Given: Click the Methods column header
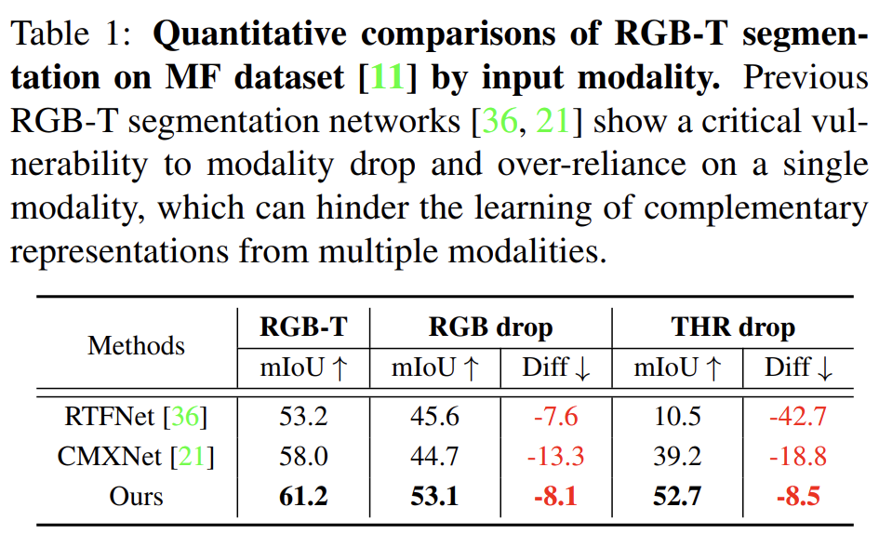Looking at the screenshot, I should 137,346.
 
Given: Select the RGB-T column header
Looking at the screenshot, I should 303,327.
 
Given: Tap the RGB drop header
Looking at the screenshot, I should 490,327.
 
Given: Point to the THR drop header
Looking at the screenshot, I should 733,327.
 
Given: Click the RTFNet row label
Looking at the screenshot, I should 136,417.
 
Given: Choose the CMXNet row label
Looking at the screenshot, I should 136,457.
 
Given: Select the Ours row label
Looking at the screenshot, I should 136,496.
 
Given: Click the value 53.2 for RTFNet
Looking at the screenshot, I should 303,417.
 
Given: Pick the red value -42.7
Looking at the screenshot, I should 798,417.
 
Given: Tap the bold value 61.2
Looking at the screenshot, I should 303,496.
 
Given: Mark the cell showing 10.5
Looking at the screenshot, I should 677,417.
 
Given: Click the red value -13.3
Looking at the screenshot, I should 554,457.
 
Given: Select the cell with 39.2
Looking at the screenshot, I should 677,457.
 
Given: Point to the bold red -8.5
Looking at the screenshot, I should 798,496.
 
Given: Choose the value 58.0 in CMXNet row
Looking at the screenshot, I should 303,457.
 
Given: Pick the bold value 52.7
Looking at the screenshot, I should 677,496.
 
